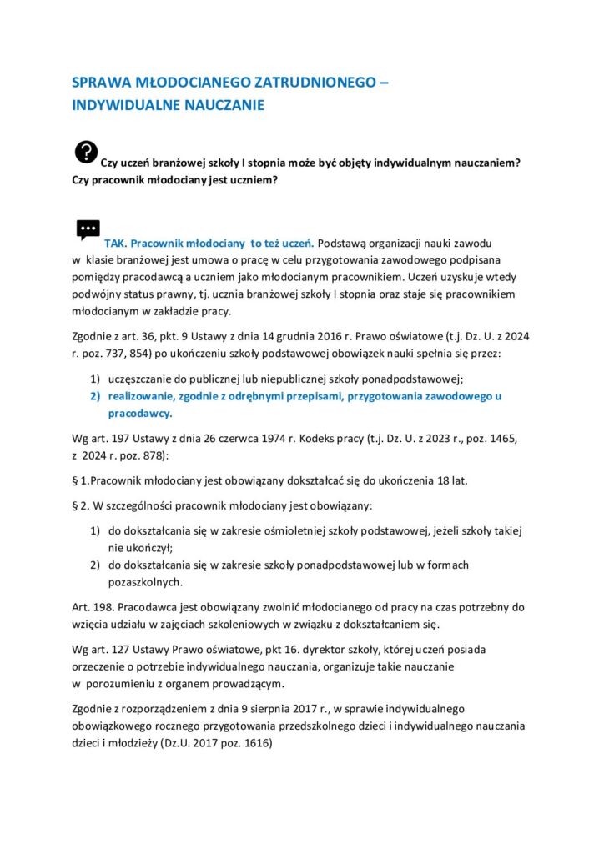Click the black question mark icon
pyautogui.click(x=86, y=151)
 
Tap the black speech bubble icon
pyautogui.click(x=88, y=230)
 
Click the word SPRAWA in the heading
pyautogui.click(x=99, y=84)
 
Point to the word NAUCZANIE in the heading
pyautogui.click(x=225, y=106)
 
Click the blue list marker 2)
pyautogui.click(x=95, y=396)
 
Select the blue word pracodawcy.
pyautogui.click(x=139, y=413)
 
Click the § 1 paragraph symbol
pyautogui.click(x=78, y=480)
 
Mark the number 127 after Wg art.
pyautogui.click(x=127, y=648)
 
